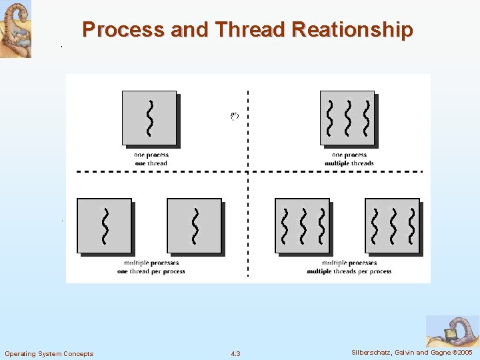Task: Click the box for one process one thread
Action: pos(149,118)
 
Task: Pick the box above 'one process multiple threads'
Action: pos(347,118)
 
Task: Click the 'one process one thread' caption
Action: pos(151,159)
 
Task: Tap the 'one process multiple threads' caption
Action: pos(349,159)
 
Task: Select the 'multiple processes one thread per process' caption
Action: pos(151,267)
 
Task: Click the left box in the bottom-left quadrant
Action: pos(105,226)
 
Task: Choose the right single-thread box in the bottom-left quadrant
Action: pos(194,226)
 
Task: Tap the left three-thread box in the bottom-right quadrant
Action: pos(303,226)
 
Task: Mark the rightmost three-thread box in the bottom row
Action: pos(393,226)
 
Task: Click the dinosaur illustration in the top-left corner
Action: pos(15,29)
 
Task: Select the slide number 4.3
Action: pos(235,353)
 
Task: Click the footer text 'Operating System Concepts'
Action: pos(49,353)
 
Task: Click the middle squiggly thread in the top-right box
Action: pos(347,117)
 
